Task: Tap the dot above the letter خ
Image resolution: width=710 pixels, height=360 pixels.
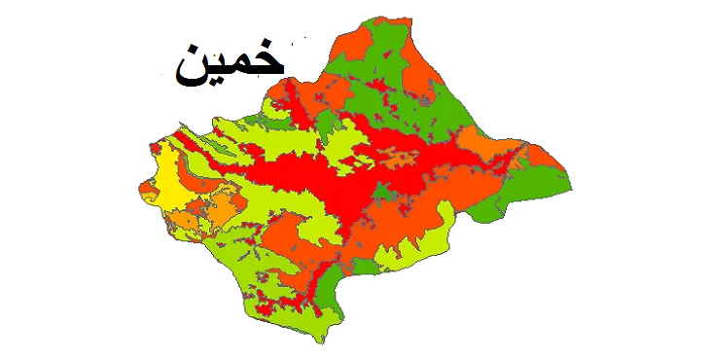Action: point(265,46)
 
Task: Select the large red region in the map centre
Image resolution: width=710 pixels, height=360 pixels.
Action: point(321,175)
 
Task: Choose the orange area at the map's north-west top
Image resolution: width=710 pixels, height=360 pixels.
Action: point(355,44)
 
